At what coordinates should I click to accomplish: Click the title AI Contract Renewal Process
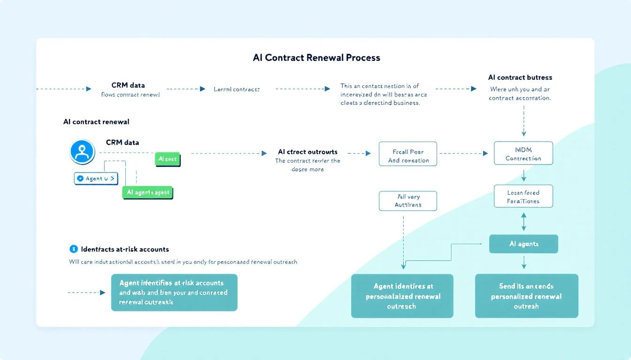(316, 58)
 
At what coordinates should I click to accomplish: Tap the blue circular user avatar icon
(83, 152)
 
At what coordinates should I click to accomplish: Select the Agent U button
(96, 179)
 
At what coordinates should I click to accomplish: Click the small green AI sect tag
(168, 159)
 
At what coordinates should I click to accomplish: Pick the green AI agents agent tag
(147, 193)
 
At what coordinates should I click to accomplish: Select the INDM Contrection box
(523, 153)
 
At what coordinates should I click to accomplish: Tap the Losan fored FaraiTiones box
(523, 196)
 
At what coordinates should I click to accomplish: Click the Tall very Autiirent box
(408, 201)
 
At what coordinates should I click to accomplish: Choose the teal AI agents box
(523, 244)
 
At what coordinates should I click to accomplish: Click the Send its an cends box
(526, 296)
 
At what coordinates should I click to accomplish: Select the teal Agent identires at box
(402, 296)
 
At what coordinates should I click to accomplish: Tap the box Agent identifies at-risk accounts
(174, 292)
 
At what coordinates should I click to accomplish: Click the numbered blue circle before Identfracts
(73, 249)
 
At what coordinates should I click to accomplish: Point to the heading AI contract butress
(520, 77)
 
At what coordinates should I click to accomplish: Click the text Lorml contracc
(237, 89)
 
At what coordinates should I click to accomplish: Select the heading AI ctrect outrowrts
(308, 152)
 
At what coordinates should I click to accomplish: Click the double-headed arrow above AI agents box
(524, 221)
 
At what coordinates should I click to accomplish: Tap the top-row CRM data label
(128, 85)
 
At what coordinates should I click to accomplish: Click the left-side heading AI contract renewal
(96, 121)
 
